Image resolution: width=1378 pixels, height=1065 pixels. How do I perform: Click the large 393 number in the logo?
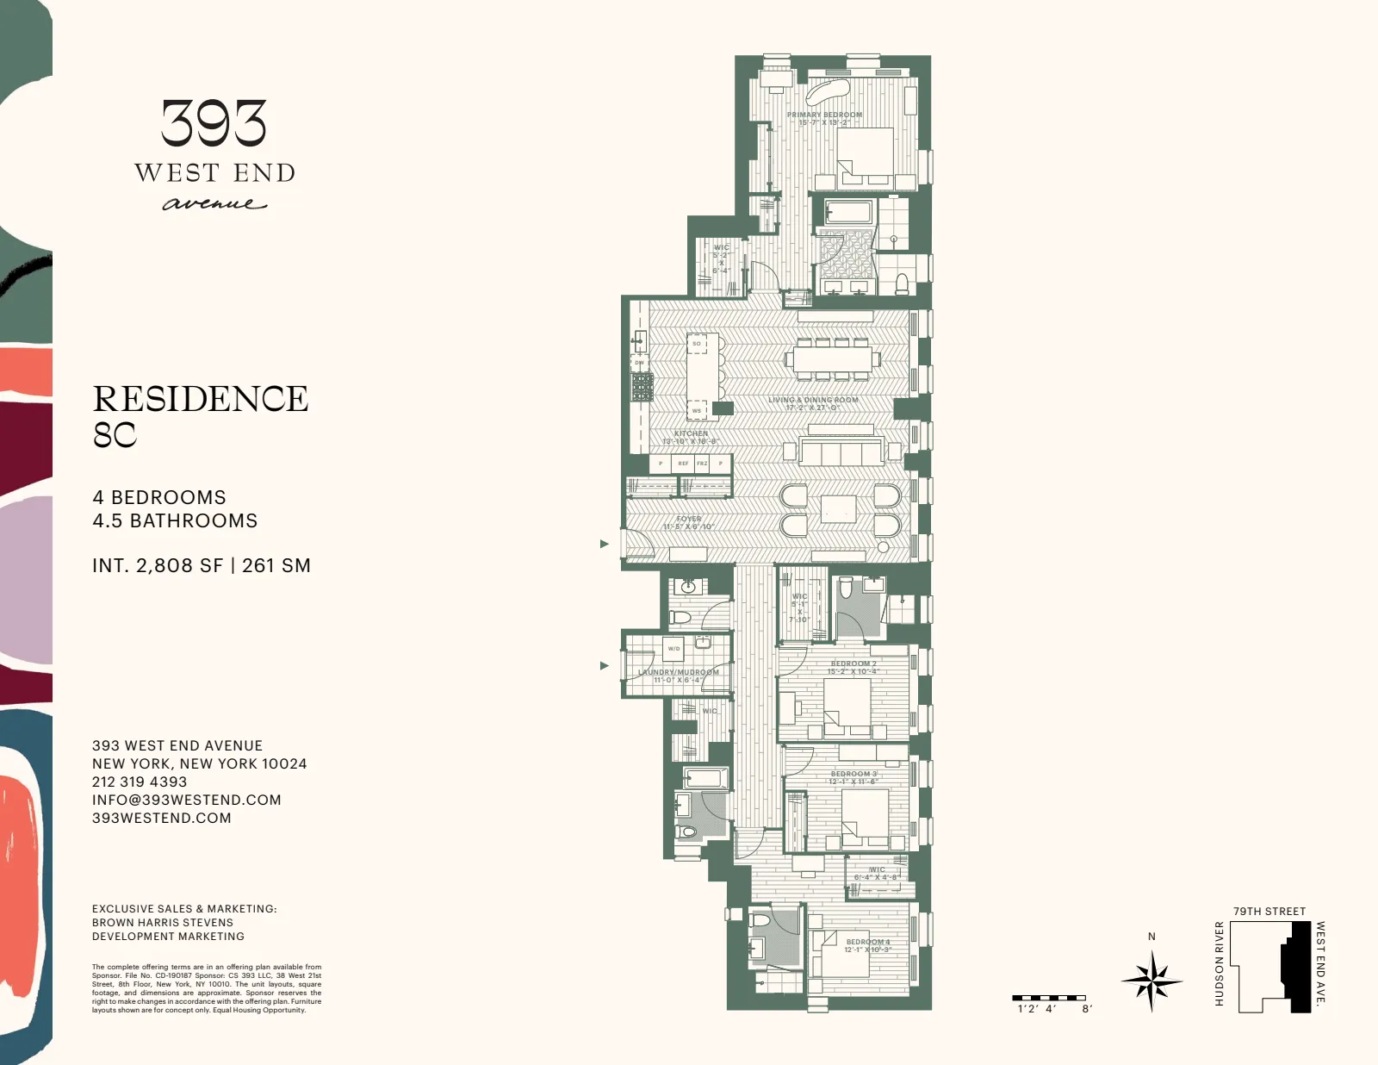click(x=214, y=123)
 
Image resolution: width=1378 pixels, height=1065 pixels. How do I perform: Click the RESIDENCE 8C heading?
click(x=200, y=416)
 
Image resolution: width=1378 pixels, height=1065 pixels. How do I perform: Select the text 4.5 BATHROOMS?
click(x=175, y=520)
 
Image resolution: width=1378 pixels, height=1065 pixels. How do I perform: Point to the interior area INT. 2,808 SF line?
click(x=201, y=566)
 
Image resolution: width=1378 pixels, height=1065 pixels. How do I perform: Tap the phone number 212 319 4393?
click(x=140, y=782)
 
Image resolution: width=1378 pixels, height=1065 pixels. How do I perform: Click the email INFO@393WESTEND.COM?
click(x=186, y=800)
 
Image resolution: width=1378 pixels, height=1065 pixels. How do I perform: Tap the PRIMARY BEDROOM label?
click(x=824, y=115)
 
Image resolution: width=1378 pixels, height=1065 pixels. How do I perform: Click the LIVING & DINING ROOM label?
click(x=813, y=400)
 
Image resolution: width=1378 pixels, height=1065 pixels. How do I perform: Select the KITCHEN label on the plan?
click(x=691, y=434)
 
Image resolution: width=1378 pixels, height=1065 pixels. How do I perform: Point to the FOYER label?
click(x=689, y=520)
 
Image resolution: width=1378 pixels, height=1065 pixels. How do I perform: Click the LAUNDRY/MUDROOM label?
click(x=679, y=672)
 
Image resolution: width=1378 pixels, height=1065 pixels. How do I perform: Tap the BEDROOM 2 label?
click(x=853, y=664)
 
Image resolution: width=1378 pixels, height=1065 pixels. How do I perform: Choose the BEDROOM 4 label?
click(x=867, y=942)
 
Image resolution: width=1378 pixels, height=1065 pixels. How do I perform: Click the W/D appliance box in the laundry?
click(x=673, y=649)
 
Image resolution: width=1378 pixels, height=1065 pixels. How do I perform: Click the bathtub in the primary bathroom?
click(x=849, y=211)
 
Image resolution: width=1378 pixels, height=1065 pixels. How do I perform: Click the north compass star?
click(x=1151, y=980)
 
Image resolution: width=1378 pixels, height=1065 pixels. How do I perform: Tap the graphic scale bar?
click(x=1049, y=998)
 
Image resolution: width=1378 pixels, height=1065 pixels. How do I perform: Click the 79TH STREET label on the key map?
click(x=1269, y=911)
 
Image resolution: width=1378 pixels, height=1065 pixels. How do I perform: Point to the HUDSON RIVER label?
click(x=1219, y=963)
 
